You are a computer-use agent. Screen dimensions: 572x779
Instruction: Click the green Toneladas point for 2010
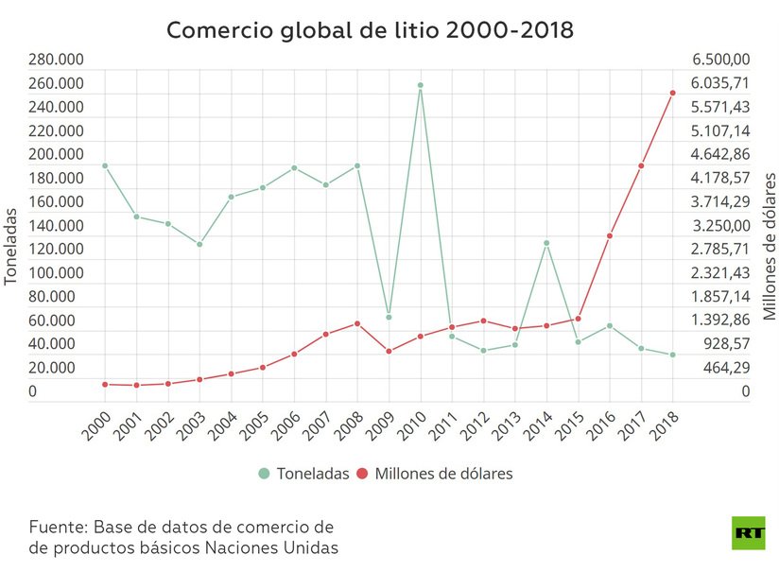tap(420, 85)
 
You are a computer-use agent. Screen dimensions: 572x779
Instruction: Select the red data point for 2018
tap(672, 93)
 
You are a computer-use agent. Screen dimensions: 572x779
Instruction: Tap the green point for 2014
tap(546, 243)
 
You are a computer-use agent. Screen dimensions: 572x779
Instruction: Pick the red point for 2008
tap(357, 323)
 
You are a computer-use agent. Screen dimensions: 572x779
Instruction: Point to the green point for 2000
tap(105, 165)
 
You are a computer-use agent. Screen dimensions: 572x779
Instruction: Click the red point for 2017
tap(641, 165)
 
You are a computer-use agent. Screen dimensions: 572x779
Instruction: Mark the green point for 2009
tap(389, 317)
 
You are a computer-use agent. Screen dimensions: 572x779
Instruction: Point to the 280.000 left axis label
tap(56, 61)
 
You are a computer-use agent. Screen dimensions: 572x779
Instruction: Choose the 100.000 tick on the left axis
tap(56, 273)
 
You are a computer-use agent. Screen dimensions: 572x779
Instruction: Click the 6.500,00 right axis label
tap(720, 61)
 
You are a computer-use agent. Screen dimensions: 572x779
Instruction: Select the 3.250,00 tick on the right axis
tap(720, 226)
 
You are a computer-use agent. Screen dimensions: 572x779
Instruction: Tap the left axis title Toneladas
tap(11, 249)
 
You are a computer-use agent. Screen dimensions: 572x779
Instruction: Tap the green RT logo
tap(749, 532)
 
